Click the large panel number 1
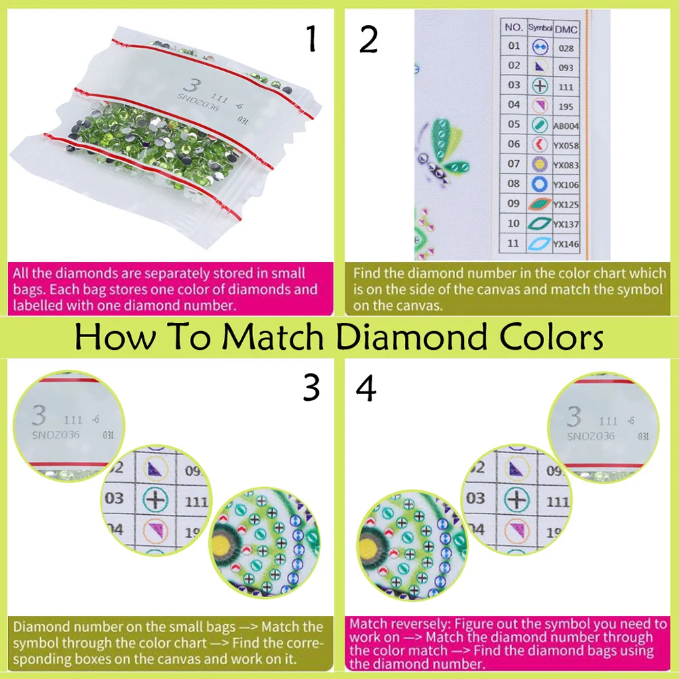coord(311,39)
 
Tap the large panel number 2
coord(368,39)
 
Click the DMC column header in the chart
coord(566,28)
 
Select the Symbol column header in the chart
coord(540,28)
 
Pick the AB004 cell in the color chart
coord(566,125)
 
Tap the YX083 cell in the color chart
coord(566,165)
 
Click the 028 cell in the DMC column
coord(566,47)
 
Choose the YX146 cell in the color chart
coord(566,244)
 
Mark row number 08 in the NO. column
coord(514,184)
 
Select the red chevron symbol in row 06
coord(540,144)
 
